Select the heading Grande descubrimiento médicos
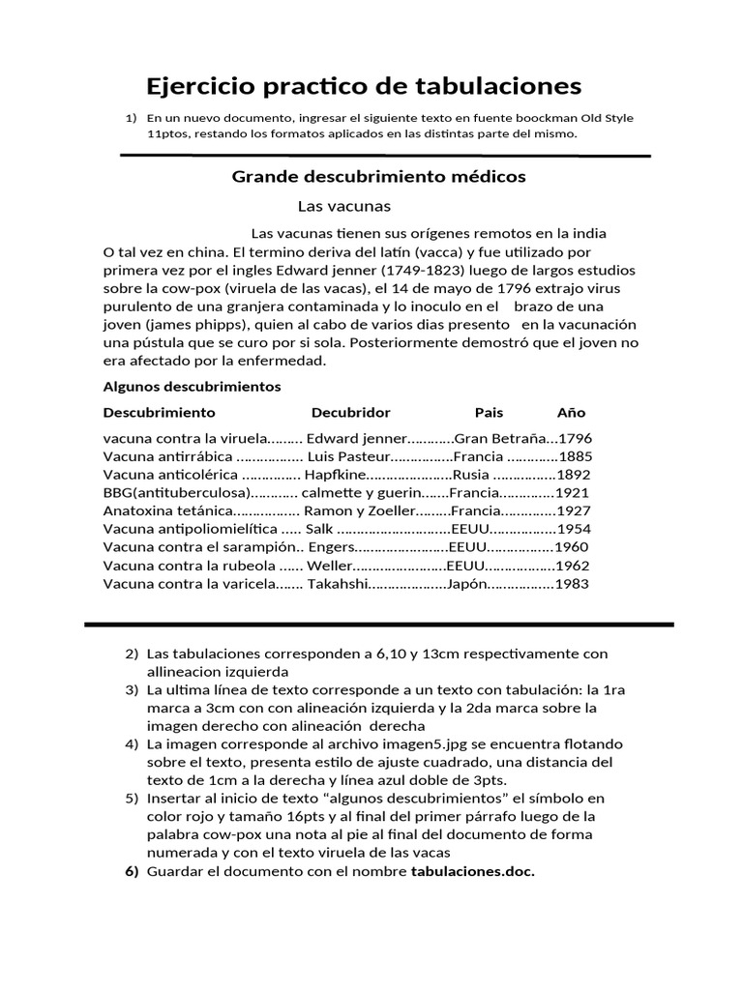[x=378, y=177]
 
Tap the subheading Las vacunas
[x=343, y=206]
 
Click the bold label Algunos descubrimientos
[x=192, y=387]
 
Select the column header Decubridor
[x=350, y=413]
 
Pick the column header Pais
[x=489, y=413]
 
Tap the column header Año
[x=571, y=413]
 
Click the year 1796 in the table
[x=575, y=438]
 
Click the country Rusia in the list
[x=471, y=475]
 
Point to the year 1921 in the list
[x=572, y=492]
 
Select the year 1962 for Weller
[x=572, y=566]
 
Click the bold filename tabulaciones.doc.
[x=473, y=871]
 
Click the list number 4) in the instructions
[x=132, y=744]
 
